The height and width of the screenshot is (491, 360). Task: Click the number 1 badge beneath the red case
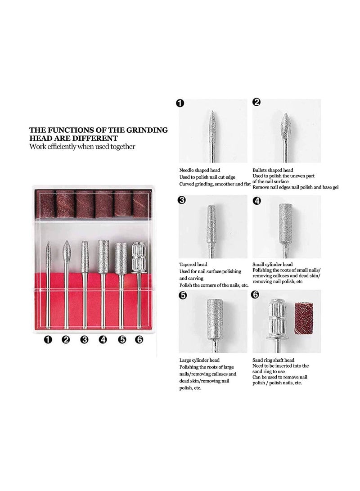(48, 340)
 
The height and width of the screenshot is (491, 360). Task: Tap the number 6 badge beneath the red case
(139, 340)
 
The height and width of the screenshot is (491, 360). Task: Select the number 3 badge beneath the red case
(84, 340)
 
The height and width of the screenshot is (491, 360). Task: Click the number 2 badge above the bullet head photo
(256, 102)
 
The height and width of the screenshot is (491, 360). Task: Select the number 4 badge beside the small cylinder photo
(257, 201)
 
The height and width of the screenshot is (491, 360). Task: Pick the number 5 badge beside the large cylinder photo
(183, 296)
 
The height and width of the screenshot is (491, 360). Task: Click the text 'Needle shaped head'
(199, 171)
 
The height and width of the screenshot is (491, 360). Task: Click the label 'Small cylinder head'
(273, 264)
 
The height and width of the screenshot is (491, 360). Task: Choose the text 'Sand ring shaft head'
(274, 360)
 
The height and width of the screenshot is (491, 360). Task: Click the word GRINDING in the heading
(144, 130)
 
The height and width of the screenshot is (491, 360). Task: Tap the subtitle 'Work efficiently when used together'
(82, 147)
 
